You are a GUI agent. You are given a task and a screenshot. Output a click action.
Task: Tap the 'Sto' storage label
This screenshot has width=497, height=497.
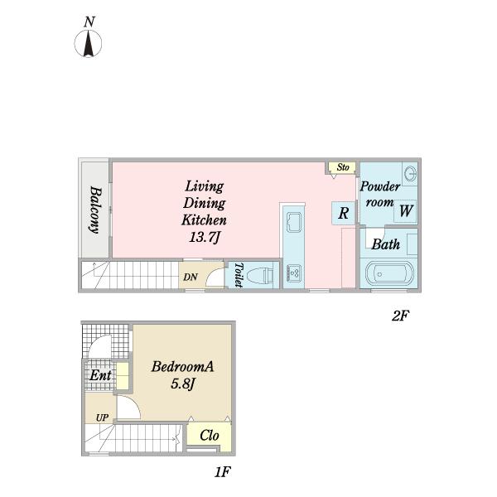[x=343, y=167]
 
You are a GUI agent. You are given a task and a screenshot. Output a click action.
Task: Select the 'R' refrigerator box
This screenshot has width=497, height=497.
[x=343, y=213]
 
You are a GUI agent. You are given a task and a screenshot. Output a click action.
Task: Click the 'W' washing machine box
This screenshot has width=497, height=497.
[x=405, y=210]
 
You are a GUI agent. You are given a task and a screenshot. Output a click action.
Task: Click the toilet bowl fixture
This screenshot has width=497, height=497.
[x=260, y=276]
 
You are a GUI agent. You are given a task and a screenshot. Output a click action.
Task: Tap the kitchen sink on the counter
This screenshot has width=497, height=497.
[x=294, y=222]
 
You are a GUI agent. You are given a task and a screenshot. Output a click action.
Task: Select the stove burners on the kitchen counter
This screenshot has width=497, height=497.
[x=294, y=273]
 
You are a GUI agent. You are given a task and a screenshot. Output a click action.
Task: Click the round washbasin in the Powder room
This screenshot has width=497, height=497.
[x=411, y=174]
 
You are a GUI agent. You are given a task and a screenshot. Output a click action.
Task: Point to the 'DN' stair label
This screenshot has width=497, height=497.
[x=191, y=277]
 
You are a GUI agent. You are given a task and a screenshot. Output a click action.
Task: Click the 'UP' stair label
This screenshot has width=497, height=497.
[x=102, y=417]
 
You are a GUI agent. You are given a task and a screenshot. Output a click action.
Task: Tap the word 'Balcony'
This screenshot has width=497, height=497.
[x=95, y=210]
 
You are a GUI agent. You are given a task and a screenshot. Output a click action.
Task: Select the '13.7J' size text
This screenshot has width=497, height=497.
[x=204, y=237]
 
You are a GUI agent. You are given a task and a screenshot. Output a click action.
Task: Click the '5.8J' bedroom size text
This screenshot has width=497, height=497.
[x=182, y=384]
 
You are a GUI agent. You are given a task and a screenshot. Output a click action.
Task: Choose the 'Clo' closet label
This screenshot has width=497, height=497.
[x=210, y=436]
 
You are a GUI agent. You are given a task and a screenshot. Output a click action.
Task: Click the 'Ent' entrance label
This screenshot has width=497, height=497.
[x=100, y=375]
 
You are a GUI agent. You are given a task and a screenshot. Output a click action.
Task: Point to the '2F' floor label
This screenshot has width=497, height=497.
[x=400, y=316]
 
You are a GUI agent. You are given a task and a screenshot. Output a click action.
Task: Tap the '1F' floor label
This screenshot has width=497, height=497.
[x=223, y=472]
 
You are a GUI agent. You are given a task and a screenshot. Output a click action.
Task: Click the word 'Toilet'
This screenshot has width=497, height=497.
[x=239, y=275]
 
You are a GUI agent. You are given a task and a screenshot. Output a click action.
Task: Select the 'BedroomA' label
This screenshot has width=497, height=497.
[x=182, y=366]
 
